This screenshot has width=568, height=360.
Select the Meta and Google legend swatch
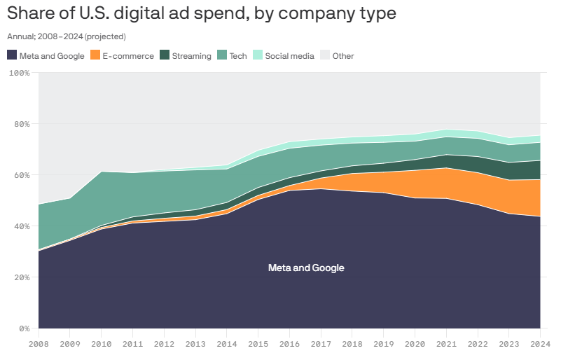(x=12, y=55)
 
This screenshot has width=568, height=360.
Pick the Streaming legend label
(x=191, y=56)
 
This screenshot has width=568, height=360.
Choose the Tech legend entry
(x=238, y=56)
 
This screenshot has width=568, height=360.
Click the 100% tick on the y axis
(x=19, y=73)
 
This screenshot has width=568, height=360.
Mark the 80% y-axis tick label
(x=21, y=124)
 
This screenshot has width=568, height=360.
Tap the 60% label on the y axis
(x=21, y=175)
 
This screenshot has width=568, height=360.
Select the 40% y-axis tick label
(x=21, y=226)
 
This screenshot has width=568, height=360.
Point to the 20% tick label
(x=21, y=277)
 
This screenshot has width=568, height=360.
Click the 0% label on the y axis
(x=24, y=328)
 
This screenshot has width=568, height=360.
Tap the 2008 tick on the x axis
(x=39, y=344)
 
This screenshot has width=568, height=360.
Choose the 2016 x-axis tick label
(x=289, y=344)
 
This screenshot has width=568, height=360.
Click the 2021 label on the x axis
(x=445, y=344)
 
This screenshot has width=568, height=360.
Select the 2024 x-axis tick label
(x=539, y=344)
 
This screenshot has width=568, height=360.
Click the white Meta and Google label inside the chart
(x=306, y=268)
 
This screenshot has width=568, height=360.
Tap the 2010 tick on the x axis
(x=102, y=344)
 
